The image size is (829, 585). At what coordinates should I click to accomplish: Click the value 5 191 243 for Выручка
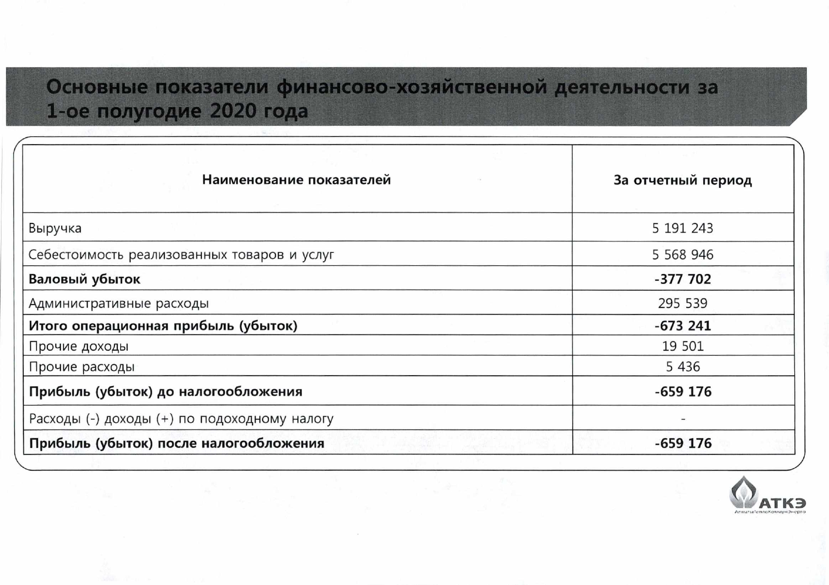pyautogui.click(x=682, y=228)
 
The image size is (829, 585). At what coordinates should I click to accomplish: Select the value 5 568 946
pyautogui.click(x=682, y=255)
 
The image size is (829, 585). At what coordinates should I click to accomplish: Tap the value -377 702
pyautogui.click(x=682, y=279)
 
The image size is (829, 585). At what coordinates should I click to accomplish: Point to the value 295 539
pyautogui.click(x=682, y=303)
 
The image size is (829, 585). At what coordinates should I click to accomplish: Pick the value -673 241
pyautogui.click(x=682, y=326)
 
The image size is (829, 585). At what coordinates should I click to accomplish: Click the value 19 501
pyautogui.click(x=682, y=346)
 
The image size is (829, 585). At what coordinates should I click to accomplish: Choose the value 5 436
pyautogui.click(x=682, y=367)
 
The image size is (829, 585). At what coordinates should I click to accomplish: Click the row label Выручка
pyautogui.click(x=55, y=229)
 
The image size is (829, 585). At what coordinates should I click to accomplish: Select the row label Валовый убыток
pyautogui.click(x=85, y=279)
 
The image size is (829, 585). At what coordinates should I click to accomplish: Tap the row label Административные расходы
pyautogui.click(x=119, y=303)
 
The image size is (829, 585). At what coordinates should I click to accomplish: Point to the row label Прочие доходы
pyautogui.click(x=79, y=346)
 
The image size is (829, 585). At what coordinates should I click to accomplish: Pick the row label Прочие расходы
pyautogui.click(x=82, y=367)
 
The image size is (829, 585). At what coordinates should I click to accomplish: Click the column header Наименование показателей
pyautogui.click(x=296, y=180)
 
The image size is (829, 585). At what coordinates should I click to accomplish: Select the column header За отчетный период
pyautogui.click(x=682, y=180)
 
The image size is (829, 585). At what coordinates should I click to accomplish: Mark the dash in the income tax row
pyautogui.click(x=683, y=419)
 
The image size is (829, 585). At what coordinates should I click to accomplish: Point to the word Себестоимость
pyautogui.click(x=76, y=255)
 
